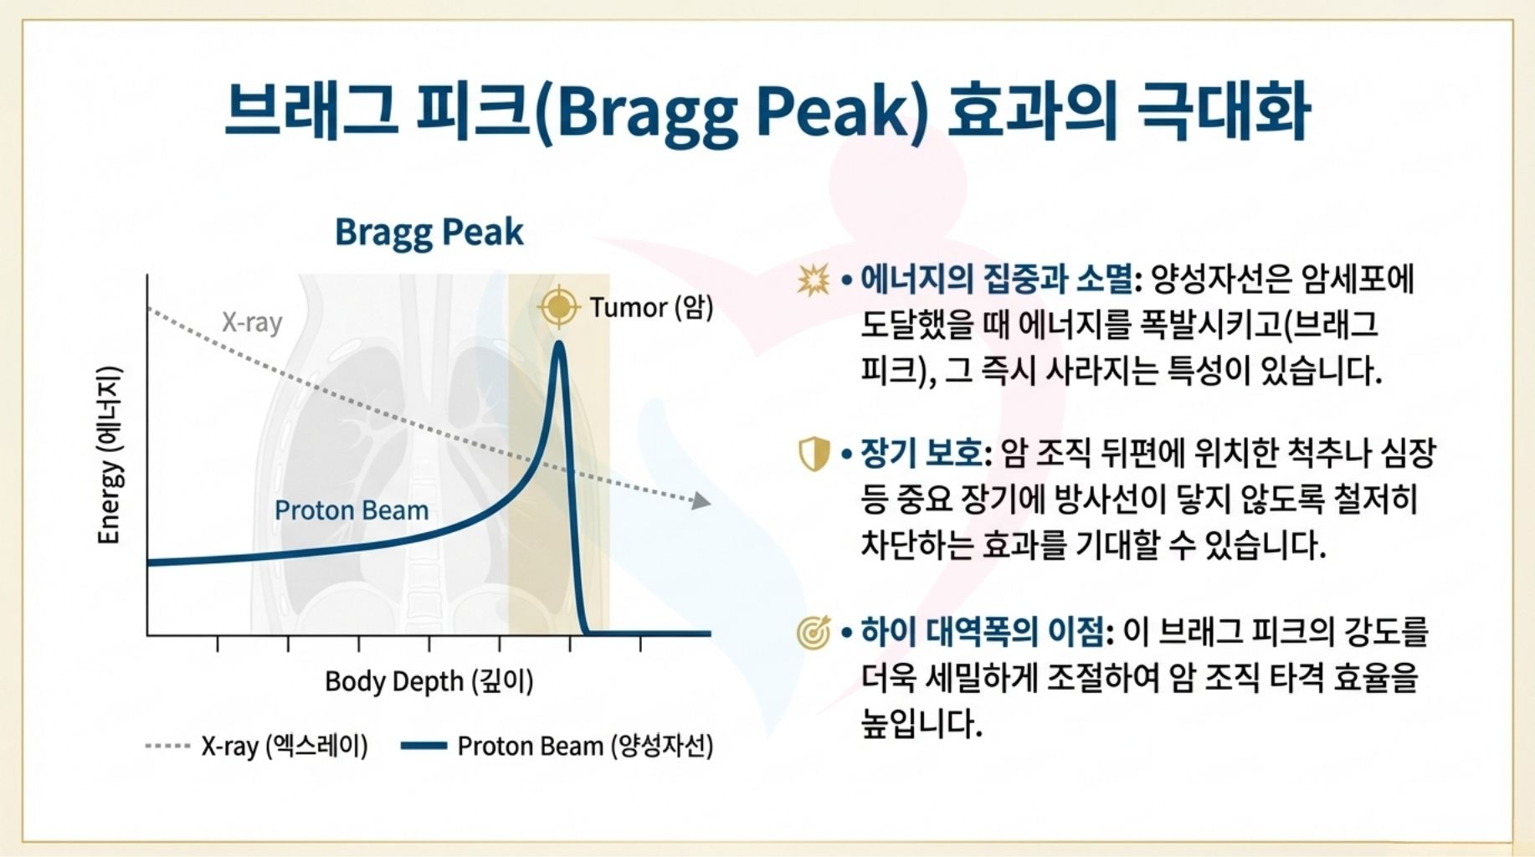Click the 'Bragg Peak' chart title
pyautogui.click(x=429, y=232)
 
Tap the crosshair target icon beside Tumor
pyautogui.click(x=558, y=307)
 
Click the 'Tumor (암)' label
pyautogui.click(x=651, y=307)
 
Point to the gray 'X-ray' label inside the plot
pyautogui.click(x=251, y=322)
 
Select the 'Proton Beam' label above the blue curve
pyautogui.click(x=352, y=510)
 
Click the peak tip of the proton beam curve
pyautogui.click(x=558, y=343)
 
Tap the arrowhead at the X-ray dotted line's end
pyautogui.click(x=701, y=500)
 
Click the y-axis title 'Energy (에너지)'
pyautogui.click(x=110, y=455)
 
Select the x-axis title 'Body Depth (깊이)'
pyautogui.click(x=429, y=681)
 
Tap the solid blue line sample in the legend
pyautogui.click(x=424, y=746)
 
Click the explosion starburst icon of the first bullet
pyautogui.click(x=813, y=280)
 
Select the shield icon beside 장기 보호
pyautogui.click(x=813, y=454)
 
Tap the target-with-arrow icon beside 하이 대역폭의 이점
pyautogui.click(x=813, y=632)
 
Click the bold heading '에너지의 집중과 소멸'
pyautogui.click(x=996, y=280)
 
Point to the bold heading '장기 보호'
pyautogui.click(x=921, y=454)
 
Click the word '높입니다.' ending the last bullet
pyautogui.click(x=921, y=723)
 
